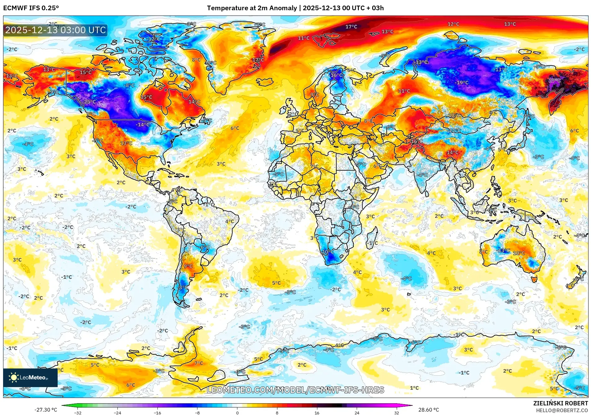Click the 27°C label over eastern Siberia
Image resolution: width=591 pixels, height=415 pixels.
tap(554, 81)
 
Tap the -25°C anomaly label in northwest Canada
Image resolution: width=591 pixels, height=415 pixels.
tap(90, 102)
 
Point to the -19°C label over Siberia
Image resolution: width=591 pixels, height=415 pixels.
tap(461, 83)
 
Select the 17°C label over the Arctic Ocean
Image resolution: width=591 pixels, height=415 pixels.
tap(351, 27)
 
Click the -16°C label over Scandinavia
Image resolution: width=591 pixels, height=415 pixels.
tap(336, 75)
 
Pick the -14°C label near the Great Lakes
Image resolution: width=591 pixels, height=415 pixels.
tap(143, 125)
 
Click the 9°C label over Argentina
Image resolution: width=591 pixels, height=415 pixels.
tap(188, 266)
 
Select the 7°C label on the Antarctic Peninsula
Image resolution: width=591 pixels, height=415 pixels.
tap(199, 363)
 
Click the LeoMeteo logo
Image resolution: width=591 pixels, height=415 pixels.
tap(30, 377)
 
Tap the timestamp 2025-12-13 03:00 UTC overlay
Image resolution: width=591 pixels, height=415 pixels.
tap(55, 30)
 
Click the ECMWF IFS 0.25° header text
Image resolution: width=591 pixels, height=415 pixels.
tap(31, 8)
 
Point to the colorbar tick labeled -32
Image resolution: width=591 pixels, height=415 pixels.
tap(78, 412)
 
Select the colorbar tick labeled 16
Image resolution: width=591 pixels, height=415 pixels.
tap(317, 412)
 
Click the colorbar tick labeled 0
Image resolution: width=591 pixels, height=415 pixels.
tap(237, 412)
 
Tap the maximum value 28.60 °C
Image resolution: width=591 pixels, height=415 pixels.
tap(428, 410)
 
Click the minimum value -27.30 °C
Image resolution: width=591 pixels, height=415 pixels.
tap(46, 410)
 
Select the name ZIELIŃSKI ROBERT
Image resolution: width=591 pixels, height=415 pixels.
tap(560, 403)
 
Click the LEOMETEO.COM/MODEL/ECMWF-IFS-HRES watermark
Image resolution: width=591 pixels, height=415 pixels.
tap(295, 390)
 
